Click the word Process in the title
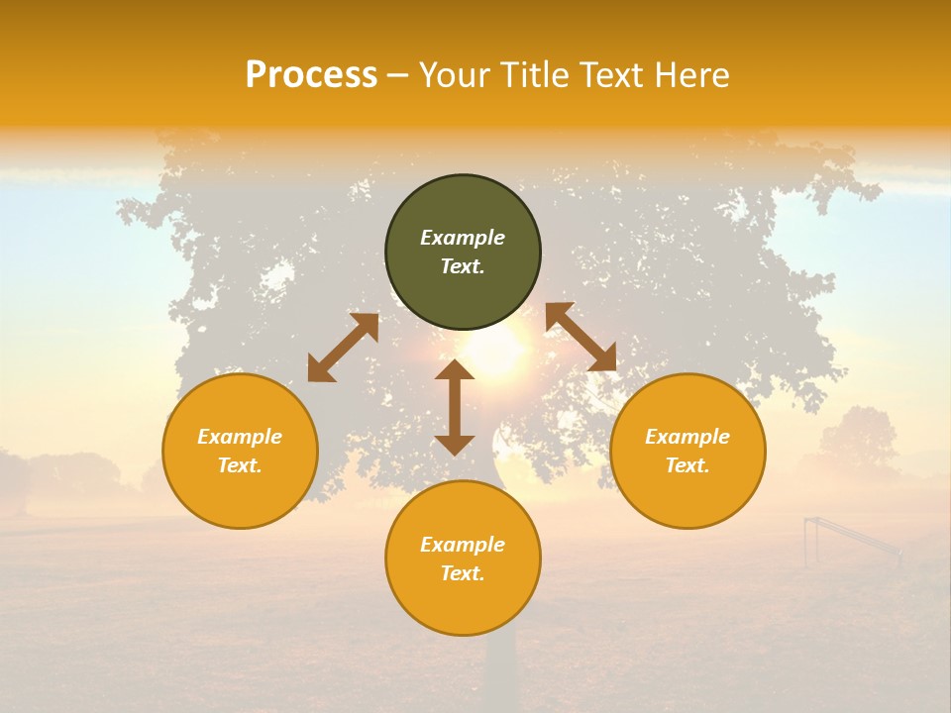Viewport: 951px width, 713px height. tap(311, 75)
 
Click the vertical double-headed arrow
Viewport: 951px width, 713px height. tap(455, 407)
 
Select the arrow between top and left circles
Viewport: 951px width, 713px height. tap(343, 347)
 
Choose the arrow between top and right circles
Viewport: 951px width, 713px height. tap(581, 337)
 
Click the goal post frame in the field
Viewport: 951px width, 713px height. tap(848, 540)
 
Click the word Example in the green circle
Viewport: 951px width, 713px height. tap(463, 238)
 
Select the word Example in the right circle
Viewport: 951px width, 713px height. tap(687, 437)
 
